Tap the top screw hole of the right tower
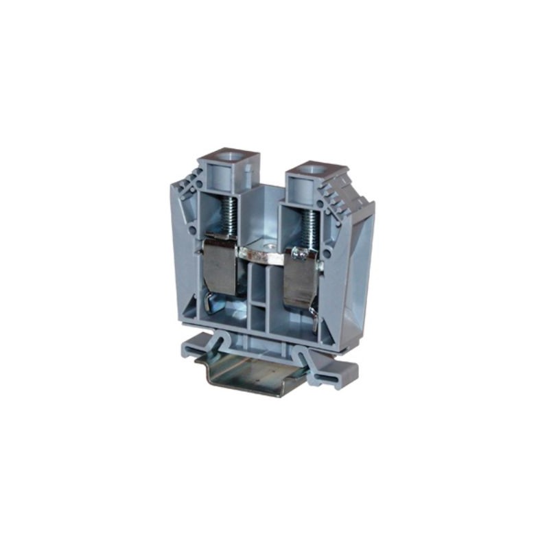(x=315, y=169)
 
